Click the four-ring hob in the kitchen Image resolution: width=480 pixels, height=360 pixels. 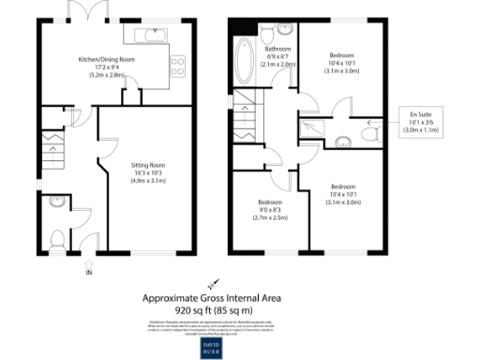pos(175,66)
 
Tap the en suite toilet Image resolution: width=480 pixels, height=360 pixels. pos(370,137)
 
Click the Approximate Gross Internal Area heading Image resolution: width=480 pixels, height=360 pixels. pos(211,298)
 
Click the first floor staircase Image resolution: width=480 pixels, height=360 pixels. pos(246,117)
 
